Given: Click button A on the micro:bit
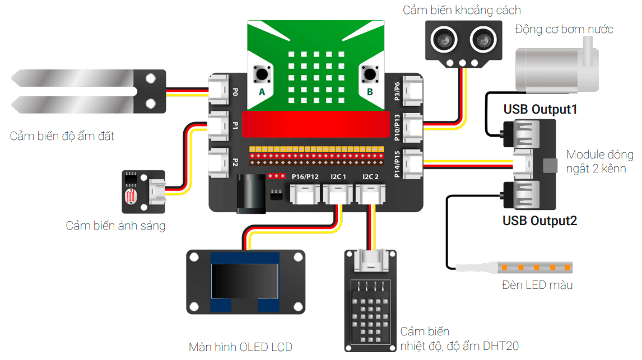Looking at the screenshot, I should tap(261, 74).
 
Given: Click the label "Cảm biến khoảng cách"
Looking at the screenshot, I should tap(462, 10).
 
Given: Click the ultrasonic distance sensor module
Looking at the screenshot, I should tap(462, 41).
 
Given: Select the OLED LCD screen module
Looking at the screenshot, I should tap(245, 282).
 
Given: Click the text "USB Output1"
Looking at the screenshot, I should tap(540, 109).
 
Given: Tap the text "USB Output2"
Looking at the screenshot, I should tap(539, 221).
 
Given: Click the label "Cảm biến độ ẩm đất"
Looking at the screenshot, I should tap(62, 135).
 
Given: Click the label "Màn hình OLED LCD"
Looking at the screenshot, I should tap(240, 347).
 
